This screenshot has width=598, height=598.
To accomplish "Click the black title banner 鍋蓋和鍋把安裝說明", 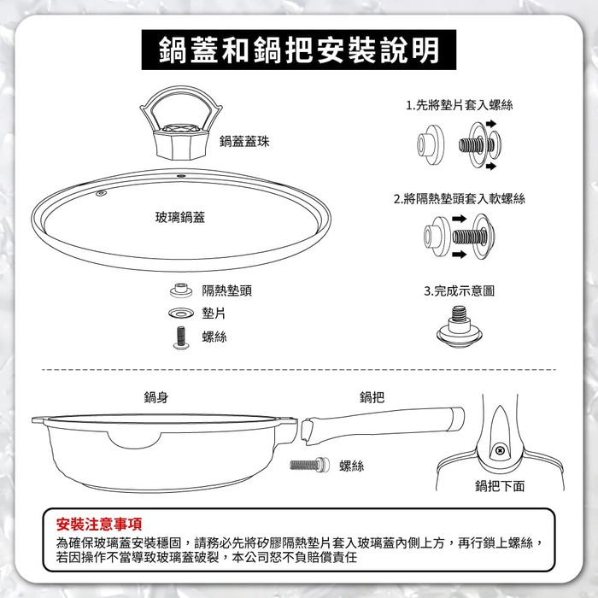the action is click(299, 50).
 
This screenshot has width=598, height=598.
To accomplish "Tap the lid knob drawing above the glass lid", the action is click(181, 123).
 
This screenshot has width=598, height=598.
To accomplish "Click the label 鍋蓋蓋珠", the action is click(244, 142).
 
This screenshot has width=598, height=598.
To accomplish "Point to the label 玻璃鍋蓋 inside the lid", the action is click(180, 217).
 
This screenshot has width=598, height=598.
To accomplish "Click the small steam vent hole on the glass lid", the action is click(101, 193).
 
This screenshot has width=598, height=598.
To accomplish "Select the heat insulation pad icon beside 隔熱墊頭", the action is click(181, 290).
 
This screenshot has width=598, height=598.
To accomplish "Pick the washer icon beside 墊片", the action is click(181, 314).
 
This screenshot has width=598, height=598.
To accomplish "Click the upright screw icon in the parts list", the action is click(181, 337).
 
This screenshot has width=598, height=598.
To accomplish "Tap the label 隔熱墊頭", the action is click(227, 291).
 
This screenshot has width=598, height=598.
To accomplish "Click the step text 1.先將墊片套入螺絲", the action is click(460, 105).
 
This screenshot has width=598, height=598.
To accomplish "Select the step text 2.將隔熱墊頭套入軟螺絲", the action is click(460, 199).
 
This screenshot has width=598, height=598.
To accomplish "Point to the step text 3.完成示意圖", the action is click(460, 291).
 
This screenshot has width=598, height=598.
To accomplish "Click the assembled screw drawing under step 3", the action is click(460, 327).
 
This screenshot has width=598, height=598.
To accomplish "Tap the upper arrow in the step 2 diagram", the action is click(460, 219).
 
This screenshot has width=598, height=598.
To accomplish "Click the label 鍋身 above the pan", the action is click(156, 397).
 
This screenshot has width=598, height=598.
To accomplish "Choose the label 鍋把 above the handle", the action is click(372, 397).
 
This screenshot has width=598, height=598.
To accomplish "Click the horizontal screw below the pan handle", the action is click(309, 464).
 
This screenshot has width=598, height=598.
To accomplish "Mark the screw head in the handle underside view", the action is click(500, 451).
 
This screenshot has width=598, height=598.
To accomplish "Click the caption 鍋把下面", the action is click(500, 486).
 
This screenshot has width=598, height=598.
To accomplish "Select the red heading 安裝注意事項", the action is click(99, 524).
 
